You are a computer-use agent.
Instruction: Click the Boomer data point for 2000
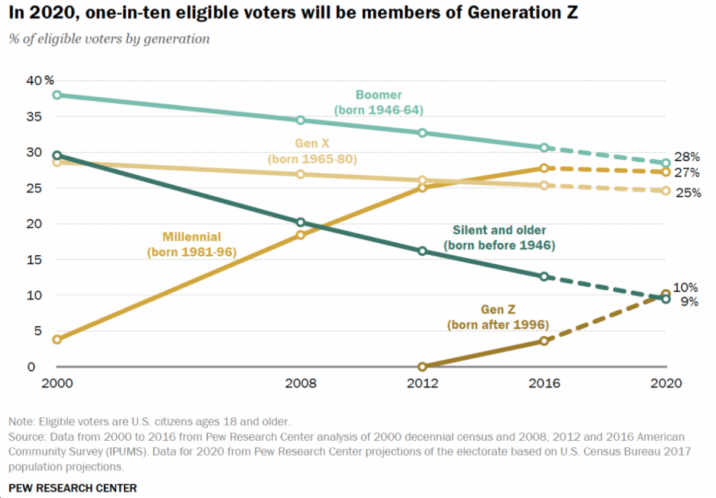(57, 95)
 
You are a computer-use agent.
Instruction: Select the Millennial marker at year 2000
(57, 339)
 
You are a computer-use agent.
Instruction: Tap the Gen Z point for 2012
(422, 367)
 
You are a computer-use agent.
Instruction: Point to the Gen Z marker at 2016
(544, 341)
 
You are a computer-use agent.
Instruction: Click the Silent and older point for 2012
(422, 251)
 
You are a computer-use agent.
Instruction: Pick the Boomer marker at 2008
(301, 120)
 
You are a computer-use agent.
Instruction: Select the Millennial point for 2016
(544, 168)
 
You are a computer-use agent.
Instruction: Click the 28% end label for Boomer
(687, 157)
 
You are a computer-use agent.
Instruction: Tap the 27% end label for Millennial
(687, 173)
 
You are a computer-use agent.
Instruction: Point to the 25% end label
(687, 193)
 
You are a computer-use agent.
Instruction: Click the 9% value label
(690, 302)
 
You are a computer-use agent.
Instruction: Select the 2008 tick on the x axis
(301, 383)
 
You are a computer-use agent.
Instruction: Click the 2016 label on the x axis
(544, 383)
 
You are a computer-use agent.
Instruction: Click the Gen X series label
(312, 151)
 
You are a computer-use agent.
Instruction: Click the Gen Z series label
(498, 317)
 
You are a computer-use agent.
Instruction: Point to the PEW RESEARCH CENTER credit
(73, 488)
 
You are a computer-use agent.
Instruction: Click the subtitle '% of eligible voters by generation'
(109, 39)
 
